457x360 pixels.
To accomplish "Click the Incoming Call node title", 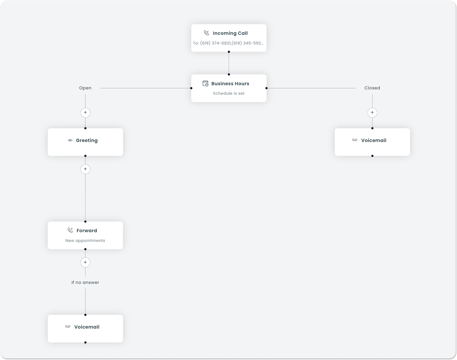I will click(230, 33).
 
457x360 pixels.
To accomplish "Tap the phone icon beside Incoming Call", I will click(206, 33).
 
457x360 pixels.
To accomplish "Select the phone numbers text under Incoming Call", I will click(228, 43).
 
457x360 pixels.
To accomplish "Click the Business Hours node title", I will click(230, 83).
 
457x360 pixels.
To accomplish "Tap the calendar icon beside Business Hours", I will click(205, 83).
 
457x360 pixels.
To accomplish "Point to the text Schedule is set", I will click(229, 93).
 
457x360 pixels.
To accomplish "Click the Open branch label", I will click(85, 88).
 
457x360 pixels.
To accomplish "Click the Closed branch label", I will click(372, 88).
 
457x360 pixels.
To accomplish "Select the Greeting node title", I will click(87, 140).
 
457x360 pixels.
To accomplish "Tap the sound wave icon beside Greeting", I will click(70, 140).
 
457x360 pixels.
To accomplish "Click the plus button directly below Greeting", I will click(85, 169).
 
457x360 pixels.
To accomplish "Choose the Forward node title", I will click(87, 231).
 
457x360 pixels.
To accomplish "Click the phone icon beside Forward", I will click(70, 230).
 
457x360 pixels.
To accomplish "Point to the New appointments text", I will click(85, 241).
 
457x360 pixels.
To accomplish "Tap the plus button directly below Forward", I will click(85, 263).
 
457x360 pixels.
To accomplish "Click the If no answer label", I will click(85, 283).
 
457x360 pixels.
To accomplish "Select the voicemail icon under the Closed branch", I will click(355, 140).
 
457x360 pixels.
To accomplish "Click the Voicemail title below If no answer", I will click(87, 327).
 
